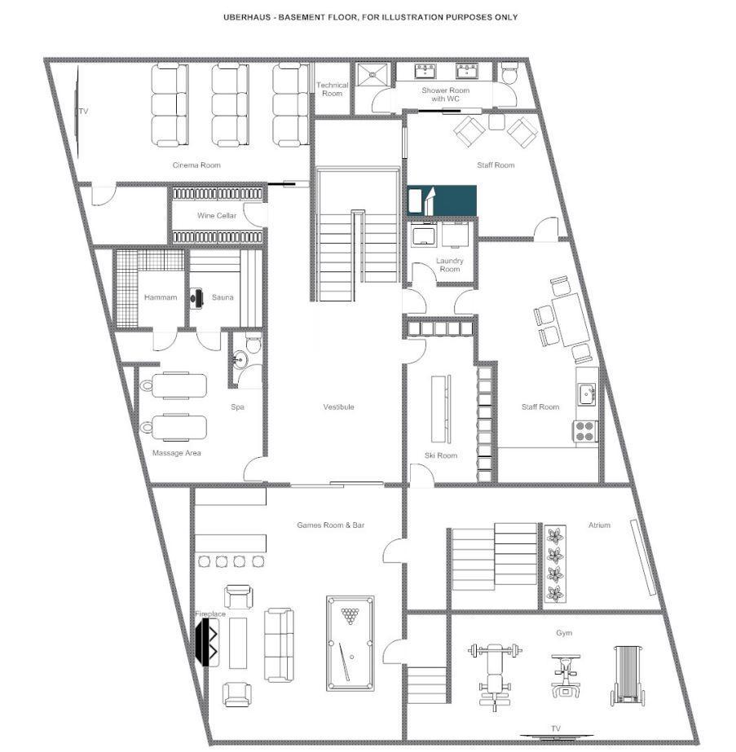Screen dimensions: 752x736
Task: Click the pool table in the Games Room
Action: click(351, 643)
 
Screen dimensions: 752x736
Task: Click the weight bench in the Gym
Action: click(493, 675)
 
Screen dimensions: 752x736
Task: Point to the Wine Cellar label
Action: click(217, 216)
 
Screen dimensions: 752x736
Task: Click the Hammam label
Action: click(161, 297)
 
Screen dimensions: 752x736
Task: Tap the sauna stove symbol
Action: click(196, 297)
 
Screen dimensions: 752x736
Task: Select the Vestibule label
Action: click(338, 407)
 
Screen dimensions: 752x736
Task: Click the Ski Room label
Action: click(441, 455)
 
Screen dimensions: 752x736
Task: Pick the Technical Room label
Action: click(333, 89)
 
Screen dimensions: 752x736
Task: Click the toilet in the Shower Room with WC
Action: click(509, 73)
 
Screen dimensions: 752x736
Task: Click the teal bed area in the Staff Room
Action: click(443, 200)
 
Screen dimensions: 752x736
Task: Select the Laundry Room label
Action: click(449, 265)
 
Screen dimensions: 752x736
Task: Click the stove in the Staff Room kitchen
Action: click(586, 431)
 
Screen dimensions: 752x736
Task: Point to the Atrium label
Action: click(599, 526)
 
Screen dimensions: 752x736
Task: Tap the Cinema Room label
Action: click(196, 165)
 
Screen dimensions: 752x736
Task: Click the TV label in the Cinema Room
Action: click(82, 111)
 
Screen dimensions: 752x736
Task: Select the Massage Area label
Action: click(176, 452)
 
